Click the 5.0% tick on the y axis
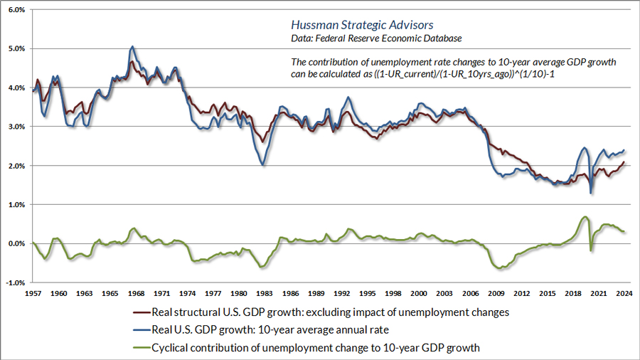point(16,49)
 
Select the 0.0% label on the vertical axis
point(16,243)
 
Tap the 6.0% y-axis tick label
point(16,10)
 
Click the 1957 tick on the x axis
point(33,293)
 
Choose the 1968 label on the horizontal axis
point(137,293)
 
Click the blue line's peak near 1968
point(132,47)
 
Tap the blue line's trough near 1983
point(264,165)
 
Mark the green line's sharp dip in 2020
point(591,250)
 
